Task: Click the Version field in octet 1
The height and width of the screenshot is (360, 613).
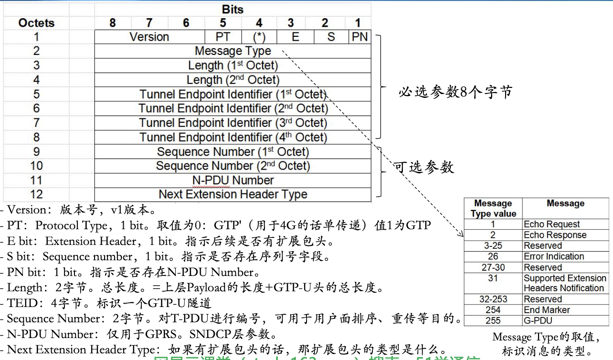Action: tap(149, 37)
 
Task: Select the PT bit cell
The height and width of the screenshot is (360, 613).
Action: tap(222, 37)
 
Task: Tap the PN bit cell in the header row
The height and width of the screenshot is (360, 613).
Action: tap(359, 37)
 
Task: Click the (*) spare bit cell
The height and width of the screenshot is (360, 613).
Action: tap(259, 37)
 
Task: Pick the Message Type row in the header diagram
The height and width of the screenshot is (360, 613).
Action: tap(233, 51)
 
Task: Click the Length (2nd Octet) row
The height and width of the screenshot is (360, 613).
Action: tap(233, 80)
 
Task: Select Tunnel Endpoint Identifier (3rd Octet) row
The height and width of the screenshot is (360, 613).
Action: tap(233, 123)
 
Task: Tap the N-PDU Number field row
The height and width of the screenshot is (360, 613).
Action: tap(233, 180)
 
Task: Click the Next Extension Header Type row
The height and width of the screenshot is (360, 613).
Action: tap(233, 194)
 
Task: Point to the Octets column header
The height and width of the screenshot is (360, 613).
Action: tap(36, 22)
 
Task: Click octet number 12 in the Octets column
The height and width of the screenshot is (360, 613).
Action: tap(36, 194)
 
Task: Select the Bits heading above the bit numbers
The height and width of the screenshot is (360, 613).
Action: tap(233, 10)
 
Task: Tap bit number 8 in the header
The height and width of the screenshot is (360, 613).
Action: tap(112, 22)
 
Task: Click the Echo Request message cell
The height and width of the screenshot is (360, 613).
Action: tap(552, 224)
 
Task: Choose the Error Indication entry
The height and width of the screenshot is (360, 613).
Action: tap(554, 256)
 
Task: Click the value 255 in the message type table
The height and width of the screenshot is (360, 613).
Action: tap(493, 321)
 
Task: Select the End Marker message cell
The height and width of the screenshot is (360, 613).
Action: tap(547, 310)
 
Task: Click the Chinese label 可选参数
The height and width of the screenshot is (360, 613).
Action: tap(423, 167)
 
